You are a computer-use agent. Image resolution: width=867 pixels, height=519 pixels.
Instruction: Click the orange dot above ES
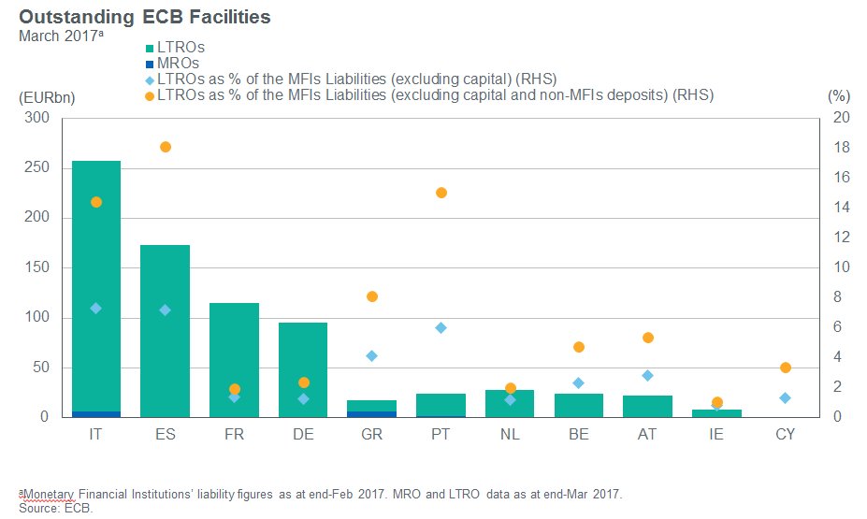pos(166,147)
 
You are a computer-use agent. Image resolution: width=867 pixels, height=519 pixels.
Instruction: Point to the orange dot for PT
pos(441,193)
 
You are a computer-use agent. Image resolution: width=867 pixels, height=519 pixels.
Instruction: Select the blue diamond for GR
pos(372,355)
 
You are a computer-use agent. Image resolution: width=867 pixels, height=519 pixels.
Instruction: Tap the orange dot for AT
pos(648,338)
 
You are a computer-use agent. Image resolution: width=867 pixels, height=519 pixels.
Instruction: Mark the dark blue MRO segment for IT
pos(96,413)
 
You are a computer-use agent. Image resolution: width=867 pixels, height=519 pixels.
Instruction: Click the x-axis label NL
pos(510,434)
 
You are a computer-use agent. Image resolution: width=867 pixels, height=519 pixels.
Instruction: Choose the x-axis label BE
pos(579,434)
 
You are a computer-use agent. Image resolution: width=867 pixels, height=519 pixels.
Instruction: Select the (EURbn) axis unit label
pos(41,96)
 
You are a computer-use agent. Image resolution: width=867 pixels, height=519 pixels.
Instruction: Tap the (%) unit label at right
pos(838,96)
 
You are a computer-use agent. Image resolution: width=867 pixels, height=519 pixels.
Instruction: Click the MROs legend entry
pos(175,63)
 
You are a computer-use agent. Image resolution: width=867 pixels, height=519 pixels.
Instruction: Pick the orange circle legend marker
pos(150,95)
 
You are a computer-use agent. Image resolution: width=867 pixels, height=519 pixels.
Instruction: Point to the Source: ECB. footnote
pos(56,510)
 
